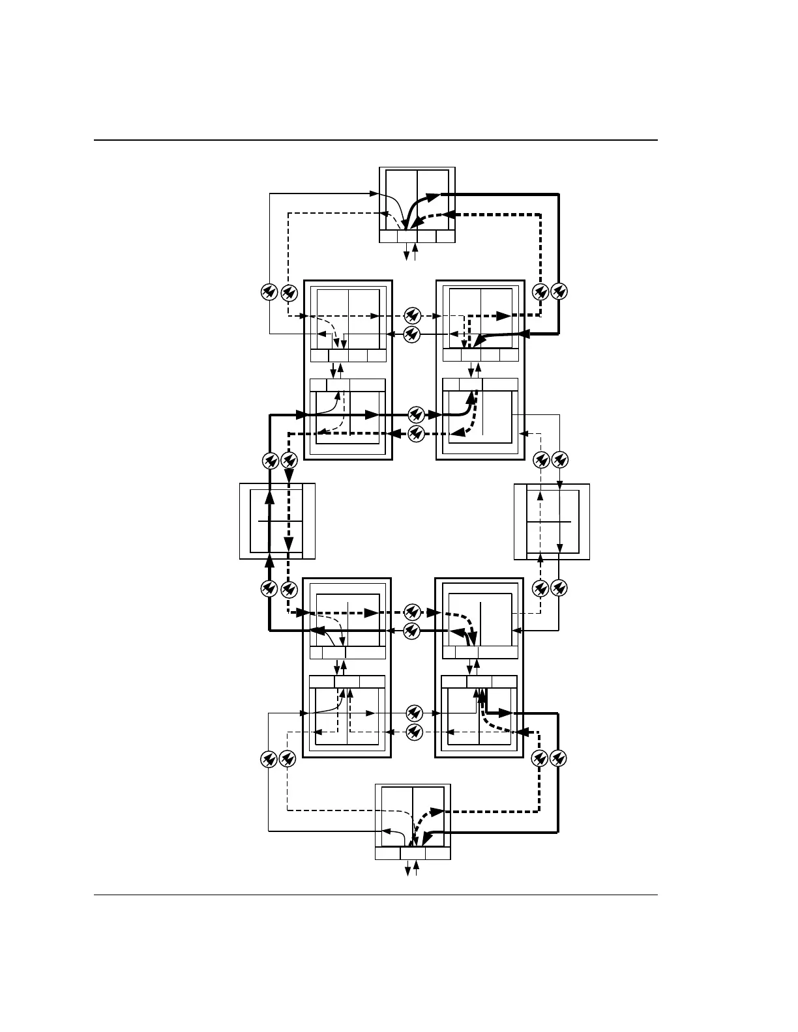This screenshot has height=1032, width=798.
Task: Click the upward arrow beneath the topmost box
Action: [x=415, y=248]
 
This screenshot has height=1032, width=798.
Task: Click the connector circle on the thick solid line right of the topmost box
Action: [x=559, y=292]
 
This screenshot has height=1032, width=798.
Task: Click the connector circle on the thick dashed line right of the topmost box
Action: [x=540, y=292]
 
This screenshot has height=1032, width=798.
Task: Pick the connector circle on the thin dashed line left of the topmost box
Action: [x=289, y=293]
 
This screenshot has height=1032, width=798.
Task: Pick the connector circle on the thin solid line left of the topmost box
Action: [x=269, y=293]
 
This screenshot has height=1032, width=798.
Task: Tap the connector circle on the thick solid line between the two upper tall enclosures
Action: [x=417, y=414]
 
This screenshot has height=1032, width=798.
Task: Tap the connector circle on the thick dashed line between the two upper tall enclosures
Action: [x=417, y=433]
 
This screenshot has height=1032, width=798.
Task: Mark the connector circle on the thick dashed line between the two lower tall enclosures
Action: [x=411, y=612]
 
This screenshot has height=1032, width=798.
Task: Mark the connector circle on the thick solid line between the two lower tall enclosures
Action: [x=411, y=630]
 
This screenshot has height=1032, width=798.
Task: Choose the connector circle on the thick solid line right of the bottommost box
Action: [x=558, y=758]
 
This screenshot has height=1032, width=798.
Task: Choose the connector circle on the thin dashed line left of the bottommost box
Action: [x=287, y=759]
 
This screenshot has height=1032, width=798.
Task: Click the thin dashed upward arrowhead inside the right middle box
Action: [x=540, y=496]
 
